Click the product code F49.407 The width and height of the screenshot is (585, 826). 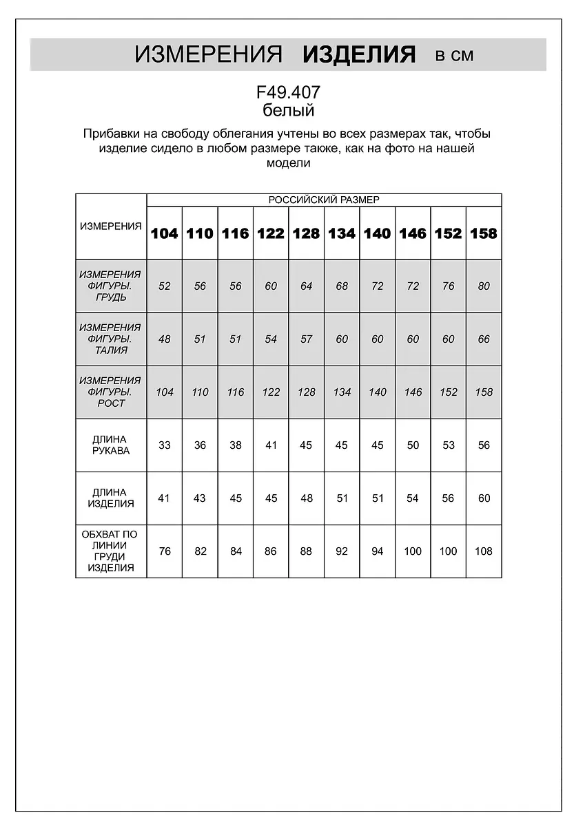tap(288, 92)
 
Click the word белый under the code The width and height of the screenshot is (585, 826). tap(289, 110)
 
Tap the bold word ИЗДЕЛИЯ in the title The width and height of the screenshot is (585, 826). tap(359, 54)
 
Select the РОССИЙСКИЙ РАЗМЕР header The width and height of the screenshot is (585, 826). tap(324, 200)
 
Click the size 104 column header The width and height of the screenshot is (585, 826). tap(164, 233)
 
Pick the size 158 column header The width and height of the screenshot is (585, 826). tap(484, 233)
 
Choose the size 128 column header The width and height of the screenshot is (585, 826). tap(306, 233)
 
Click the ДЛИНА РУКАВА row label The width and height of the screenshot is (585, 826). tap(110, 445)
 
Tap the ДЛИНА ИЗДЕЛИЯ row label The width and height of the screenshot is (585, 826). tap(110, 498)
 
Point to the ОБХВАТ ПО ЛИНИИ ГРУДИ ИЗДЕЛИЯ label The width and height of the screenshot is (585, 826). tap(110, 551)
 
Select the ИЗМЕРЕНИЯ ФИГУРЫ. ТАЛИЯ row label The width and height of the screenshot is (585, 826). tap(110, 339)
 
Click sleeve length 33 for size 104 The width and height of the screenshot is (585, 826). tap(164, 445)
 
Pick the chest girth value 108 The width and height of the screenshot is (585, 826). tap(484, 551)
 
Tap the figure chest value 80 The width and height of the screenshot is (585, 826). tap(484, 286)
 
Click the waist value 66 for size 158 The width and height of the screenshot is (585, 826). tap(484, 339)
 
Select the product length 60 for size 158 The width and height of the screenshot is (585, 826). tap(484, 498)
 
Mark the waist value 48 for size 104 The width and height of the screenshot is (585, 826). tap(164, 339)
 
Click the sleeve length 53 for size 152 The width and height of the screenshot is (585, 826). tap(449, 445)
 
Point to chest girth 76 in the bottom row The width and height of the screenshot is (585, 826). tap(164, 551)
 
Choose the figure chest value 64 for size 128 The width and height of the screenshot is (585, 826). tap(306, 286)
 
